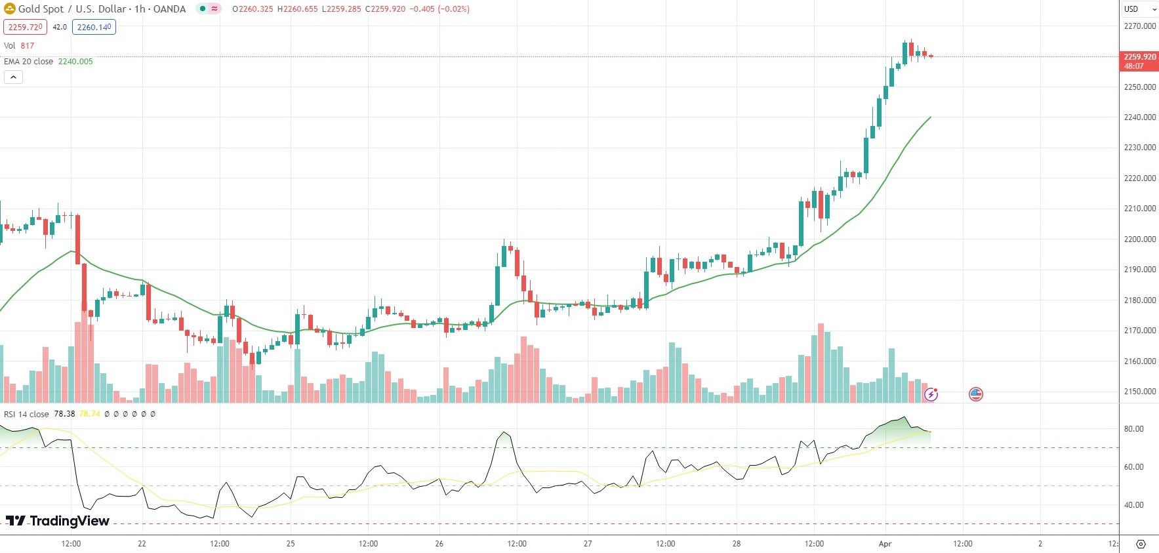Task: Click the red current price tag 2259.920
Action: click(1139, 57)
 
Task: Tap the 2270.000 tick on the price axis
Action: click(1139, 26)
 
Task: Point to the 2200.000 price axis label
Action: click(1139, 239)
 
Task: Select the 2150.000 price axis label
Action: click(1139, 392)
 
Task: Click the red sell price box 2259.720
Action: click(25, 27)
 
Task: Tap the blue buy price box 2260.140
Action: click(94, 27)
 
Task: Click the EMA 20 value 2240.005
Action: click(75, 62)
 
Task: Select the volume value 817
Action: click(27, 46)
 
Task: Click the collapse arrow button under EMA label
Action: click(13, 77)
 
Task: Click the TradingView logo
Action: click(58, 521)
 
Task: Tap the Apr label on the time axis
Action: click(885, 544)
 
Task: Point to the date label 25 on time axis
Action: click(291, 544)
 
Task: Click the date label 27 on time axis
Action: click(588, 544)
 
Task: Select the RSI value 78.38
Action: click(64, 415)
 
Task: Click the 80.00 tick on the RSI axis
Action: click(1133, 429)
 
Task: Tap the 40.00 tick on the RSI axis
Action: click(1133, 505)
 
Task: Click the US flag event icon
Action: click(976, 394)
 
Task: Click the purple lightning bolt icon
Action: click(931, 394)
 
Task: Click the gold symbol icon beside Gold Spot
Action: click(10, 9)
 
